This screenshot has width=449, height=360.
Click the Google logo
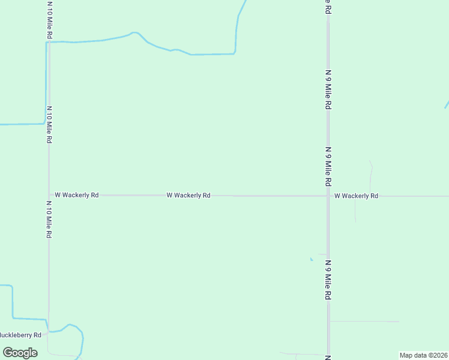pyautogui.click(x=20, y=353)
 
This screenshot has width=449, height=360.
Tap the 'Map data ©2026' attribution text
pyautogui.click(x=423, y=355)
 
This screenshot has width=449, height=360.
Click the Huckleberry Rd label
pyautogui.click(x=20, y=335)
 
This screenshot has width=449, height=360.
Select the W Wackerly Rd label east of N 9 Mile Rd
pyautogui.click(x=356, y=196)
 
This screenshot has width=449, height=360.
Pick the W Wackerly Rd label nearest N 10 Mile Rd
pyautogui.click(x=76, y=195)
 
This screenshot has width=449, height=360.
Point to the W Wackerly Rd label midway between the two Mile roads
pyautogui.click(x=188, y=195)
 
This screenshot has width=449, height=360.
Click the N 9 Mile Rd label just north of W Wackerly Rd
pyautogui.click(x=328, y=166)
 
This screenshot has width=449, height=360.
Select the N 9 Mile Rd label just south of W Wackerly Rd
pyautogui.click(x=328, y=280)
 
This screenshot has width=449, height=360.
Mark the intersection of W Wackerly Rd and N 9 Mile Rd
pyautogui.click(x=328, y=196)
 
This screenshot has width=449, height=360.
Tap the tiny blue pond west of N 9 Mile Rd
pyautogui.click(x=311, y=259)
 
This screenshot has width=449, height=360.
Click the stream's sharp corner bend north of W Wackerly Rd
pyautogui.click(x=235, y=53)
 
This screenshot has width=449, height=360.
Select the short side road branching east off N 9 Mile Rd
pyautogui.click(x=363, y=322)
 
